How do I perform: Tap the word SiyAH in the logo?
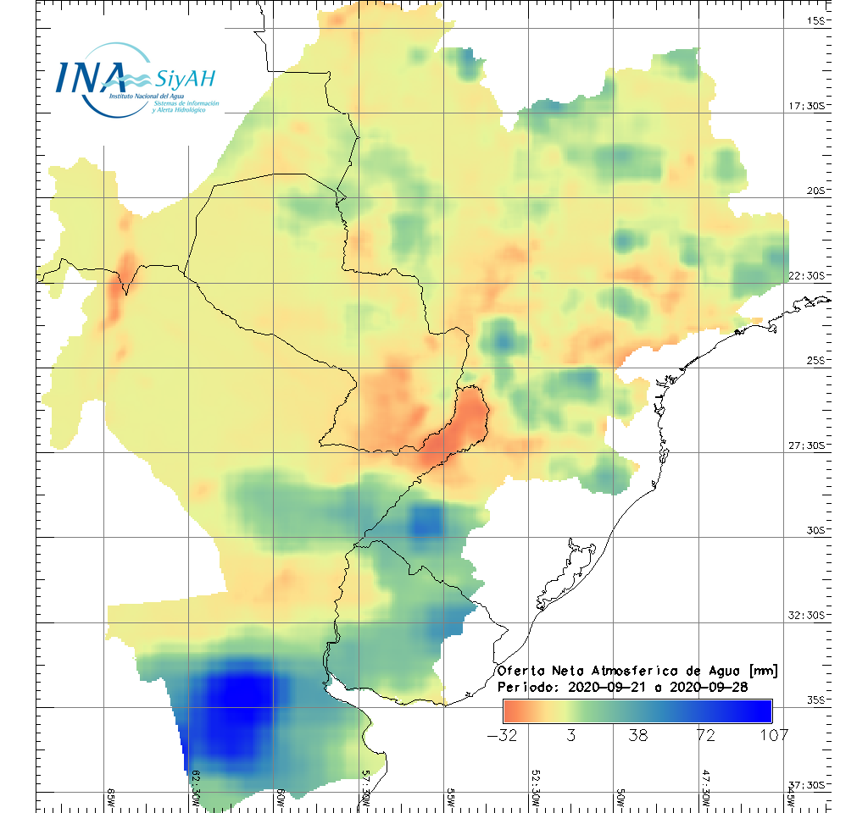(x=186, y=79)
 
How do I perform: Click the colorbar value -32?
(x=504, y=734)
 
